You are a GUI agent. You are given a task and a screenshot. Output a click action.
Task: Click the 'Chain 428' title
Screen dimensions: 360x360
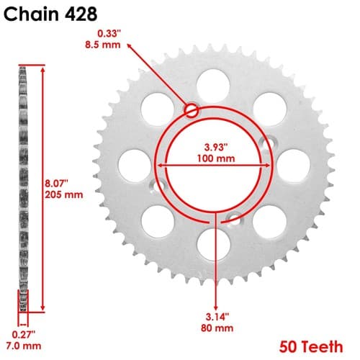pyautogui.click(x=50, y=14)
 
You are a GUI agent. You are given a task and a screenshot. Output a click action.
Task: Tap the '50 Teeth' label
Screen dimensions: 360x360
pyautogui.click(x=311, y=347)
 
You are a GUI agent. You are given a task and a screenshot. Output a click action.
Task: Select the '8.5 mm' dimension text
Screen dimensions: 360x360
pyautogui.click(x=103, y=45)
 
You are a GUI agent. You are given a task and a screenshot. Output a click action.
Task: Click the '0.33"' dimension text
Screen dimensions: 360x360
pyautogui.click(x=109, y=34)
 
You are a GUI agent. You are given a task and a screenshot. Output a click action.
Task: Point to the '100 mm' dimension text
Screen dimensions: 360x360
pyautogui.click(x=216, y=158)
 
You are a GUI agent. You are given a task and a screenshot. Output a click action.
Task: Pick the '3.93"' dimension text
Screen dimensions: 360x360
pyautogui.click(x=216, y=147)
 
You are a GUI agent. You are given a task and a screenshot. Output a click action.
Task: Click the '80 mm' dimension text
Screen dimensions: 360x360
pyautogui.click(x=217, y=328)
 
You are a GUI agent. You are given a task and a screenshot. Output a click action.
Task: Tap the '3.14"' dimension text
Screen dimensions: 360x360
pyautogui.click(x=217, y=317)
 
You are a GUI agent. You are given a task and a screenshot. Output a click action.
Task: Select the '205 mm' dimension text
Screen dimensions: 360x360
pyautogui.click(x=64, y=194)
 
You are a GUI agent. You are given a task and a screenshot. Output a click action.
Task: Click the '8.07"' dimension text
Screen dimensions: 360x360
pyautogui.click(x=57, y=184)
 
